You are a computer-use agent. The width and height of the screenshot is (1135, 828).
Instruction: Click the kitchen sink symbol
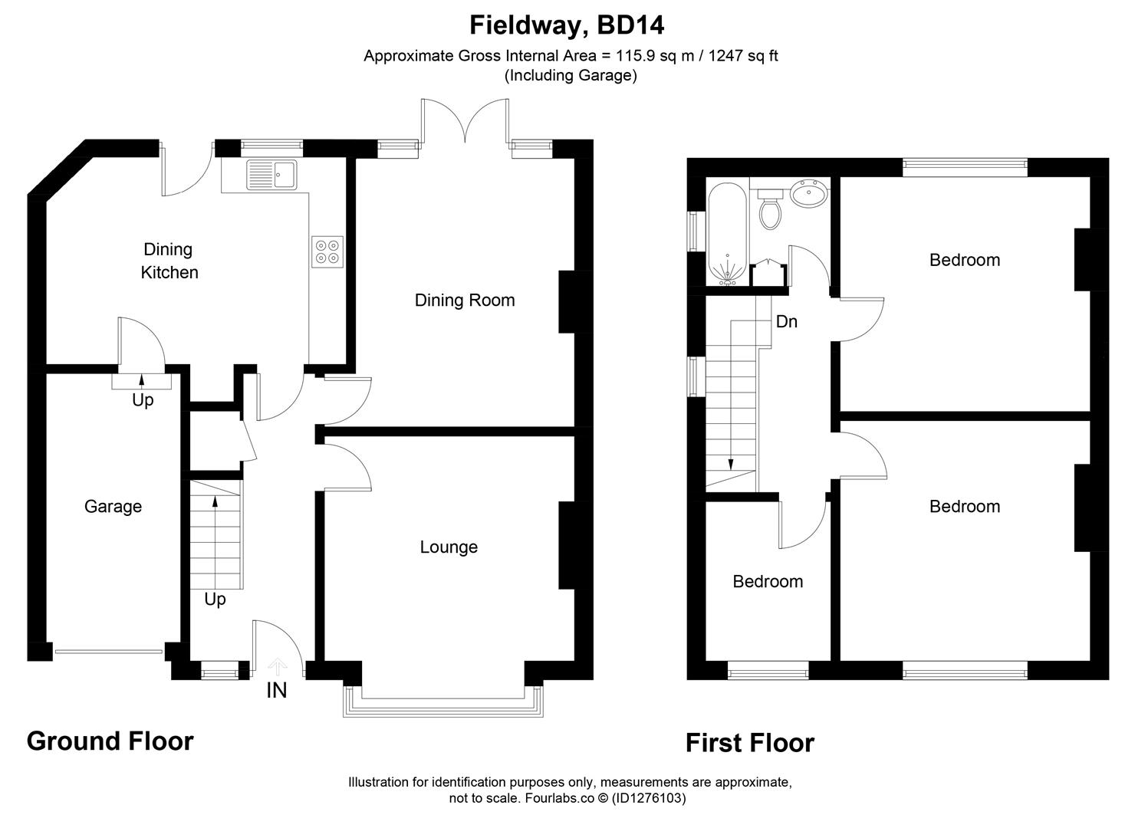(271, 175)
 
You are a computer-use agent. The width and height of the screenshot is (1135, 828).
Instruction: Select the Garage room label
(113, 507)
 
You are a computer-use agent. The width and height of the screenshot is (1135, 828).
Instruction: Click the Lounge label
(449, 547)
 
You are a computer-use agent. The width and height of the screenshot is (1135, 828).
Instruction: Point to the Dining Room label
(465, 301)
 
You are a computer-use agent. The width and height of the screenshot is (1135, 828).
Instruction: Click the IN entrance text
(276, 691)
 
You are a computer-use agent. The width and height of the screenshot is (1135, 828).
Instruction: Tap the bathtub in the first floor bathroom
(725, 234)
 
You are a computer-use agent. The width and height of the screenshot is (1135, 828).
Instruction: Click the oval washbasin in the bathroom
(809, 194)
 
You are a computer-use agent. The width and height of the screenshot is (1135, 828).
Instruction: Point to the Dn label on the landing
(787, 322)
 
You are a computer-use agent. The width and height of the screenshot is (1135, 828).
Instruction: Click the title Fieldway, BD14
(567, 25)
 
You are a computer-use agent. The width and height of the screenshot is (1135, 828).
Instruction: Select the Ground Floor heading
(110, 741)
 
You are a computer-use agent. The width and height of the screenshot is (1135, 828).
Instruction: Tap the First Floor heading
(749, 743)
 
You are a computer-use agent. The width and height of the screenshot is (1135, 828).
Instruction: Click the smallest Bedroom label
(768, 582)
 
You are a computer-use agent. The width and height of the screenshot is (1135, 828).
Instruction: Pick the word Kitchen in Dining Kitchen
(169, 273)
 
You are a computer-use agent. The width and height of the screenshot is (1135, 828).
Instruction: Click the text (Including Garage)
(571, 75)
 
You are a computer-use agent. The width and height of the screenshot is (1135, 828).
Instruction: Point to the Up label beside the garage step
(143, 400)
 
